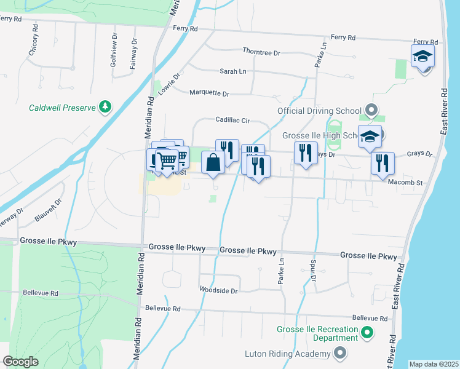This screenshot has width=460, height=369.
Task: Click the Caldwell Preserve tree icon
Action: [x=105, y=108]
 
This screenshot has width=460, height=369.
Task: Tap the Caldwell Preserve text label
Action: [x=63, y=108]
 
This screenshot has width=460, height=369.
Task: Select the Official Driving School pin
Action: [x=371, y=111]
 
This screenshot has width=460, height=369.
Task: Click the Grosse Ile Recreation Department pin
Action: [x=367, y=333]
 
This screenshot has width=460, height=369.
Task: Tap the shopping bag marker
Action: [x=213, y=163]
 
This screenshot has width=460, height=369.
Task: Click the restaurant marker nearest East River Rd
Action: [x=383, y=163]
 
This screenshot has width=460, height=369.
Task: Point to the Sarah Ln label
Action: [x=233, y=71]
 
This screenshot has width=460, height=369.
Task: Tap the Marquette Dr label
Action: [x=208, y=93]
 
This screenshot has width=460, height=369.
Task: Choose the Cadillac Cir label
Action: [x=232, y=121]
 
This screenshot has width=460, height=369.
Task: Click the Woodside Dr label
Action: [x=218, y=290]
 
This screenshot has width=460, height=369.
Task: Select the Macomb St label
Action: [x=405, y=183]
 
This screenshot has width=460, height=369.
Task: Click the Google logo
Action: [x=20, y=362]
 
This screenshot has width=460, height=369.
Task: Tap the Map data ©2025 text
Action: [x=434, y=364]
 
